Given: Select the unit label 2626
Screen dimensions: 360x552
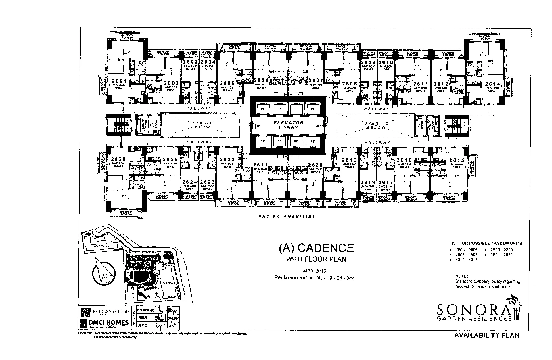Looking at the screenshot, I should point(118,159).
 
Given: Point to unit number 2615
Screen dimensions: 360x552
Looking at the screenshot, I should point(457,160).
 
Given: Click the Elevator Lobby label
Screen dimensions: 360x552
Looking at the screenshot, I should point(288,125).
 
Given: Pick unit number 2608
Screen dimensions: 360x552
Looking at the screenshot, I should point(350,84).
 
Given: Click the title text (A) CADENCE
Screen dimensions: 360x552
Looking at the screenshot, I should point(316,248).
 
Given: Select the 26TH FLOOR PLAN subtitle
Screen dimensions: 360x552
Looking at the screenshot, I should point(316,259).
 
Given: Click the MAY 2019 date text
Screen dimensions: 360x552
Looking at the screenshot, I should point(315,271).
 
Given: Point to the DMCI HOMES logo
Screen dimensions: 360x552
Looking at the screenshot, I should point(105,322).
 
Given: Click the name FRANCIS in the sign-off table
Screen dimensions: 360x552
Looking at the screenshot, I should point(145,310).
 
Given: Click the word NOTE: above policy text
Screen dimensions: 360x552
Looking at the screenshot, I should point(462,276).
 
